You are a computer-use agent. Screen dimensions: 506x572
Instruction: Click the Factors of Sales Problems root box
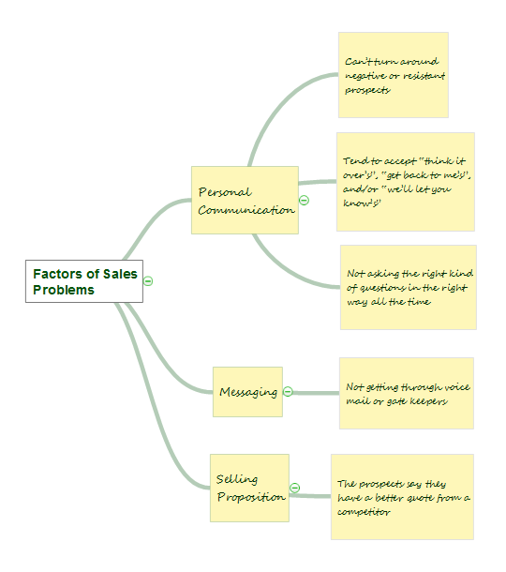[84, 281]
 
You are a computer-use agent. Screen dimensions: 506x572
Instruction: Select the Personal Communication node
[245, 201]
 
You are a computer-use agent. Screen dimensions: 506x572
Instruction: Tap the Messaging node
[248, 392]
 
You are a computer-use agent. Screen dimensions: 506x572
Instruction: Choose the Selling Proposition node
[249, 489]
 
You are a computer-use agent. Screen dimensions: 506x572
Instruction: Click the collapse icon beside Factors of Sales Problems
[148, 281]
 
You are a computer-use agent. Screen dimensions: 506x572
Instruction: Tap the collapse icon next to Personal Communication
[304, 201]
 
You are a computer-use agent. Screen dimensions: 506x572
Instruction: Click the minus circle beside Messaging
[288, 392]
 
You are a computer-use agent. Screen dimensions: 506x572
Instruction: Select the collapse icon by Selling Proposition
[295, 489]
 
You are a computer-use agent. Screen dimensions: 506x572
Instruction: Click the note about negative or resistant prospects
[394, 75]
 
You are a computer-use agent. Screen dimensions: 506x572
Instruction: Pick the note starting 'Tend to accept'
[406, 182]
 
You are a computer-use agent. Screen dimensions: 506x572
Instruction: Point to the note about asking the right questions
[409, 288]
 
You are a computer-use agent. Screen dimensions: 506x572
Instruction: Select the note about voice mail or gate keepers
[407, 393]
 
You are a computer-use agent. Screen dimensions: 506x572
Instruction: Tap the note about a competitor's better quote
[403, 497]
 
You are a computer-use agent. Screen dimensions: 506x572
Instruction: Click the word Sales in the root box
[120, 274]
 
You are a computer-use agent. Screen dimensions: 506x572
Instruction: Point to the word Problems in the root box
[64, 290]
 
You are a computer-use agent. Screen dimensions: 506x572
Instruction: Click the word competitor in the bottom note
[364, 512]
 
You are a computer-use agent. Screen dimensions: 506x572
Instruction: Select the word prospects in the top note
[368, 90]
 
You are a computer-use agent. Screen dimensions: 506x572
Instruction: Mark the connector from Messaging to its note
[316, 393]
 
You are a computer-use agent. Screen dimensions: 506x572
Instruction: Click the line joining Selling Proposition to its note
[310, 496]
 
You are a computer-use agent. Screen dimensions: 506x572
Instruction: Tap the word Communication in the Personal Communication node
[246, 210]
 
